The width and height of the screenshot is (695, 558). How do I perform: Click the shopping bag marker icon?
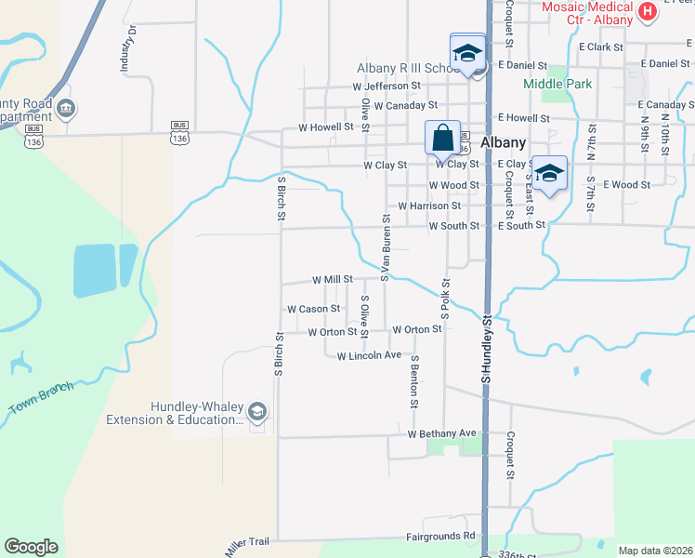click(443, 138)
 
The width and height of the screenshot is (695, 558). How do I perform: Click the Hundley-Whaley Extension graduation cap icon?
click(257, 411)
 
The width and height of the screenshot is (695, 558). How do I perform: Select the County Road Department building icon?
click(66, 109)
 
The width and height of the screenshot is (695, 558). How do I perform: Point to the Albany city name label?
click(505, 143)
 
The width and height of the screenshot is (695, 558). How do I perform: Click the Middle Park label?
click(557, 84)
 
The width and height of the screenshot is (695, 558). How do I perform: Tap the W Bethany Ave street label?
click(441, 434)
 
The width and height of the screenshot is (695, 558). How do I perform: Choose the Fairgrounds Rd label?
click(440, 537)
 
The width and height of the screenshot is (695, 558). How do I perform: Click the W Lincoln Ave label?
click(369, 356)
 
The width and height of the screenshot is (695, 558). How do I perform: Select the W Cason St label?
click(314, 309)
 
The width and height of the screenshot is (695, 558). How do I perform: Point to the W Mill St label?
click(333, 279)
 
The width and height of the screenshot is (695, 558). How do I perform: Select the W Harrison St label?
click(429, 206)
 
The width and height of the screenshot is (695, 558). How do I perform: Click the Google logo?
click(31, 547)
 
